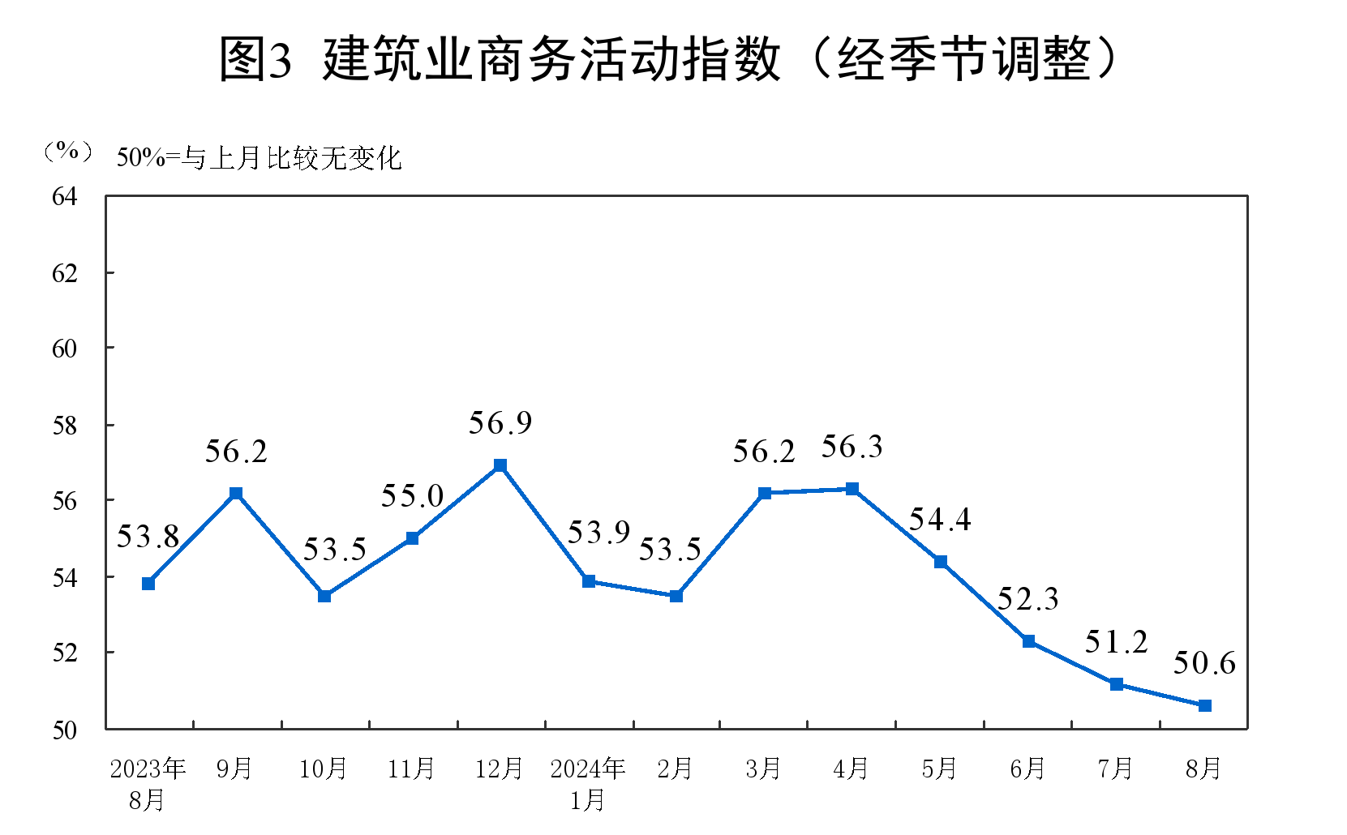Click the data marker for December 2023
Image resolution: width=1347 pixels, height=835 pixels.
pyautogui.click(x=500, y=465)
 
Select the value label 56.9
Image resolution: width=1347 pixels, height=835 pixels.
pyautogui.click(x=500, y=423)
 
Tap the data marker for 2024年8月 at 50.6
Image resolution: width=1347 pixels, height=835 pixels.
pyautogui.click(x=1204, y=705)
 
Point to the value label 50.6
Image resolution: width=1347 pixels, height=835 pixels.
pyautogui.click(x=1204, y=663)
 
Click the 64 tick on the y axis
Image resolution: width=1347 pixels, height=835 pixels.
pyautogui.click(x=64, y=196)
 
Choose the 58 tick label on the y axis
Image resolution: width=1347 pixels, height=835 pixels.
pyautogui.click(x=64, y=426)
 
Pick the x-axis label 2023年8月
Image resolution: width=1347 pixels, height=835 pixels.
pyautogui.click(x=148, y=783)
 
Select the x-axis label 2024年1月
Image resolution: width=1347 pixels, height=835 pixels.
pyautogui.click(x=588, y=783)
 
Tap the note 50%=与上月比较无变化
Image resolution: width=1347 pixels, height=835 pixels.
pyautogui.click(x=260, y=157)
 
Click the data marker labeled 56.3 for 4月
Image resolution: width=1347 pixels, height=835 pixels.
pyautogui.click(x=852, y=489)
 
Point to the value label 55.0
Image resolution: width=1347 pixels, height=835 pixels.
pyautogui.click(x=412, y=496)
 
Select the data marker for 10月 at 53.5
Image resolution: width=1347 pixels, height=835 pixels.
pyautogui.click(x=324, y=596)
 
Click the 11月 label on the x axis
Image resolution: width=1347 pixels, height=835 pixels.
pyautogui.click(x=411, y=769)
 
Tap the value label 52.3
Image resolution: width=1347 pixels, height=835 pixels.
pyautogui.click(x=1027, y=599)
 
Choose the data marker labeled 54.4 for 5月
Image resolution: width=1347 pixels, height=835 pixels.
pyautogui.click(x=941, y=562)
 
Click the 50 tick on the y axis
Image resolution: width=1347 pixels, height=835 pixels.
pyautogui.click(x=64, y=730)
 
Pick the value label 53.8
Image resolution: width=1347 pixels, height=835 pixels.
pyautogui.click(x=148, y=537)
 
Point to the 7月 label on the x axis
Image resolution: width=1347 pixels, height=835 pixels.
pyautogui.click(x=1116, y=769)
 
